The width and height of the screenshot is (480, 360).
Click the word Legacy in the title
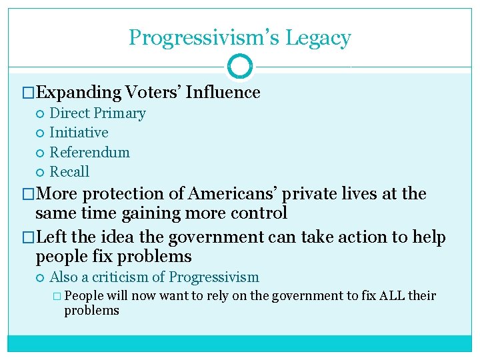(317, 38)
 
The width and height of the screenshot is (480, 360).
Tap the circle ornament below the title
(240, 67)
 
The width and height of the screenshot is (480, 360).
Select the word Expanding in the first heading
(79, 92)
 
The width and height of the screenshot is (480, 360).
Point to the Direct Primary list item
(97, 113)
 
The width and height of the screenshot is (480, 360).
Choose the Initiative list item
(79, 133)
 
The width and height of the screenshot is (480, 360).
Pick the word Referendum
(90, 152)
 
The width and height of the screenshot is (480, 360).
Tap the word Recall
(69, 171)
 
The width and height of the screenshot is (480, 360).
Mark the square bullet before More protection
(28, 194)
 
